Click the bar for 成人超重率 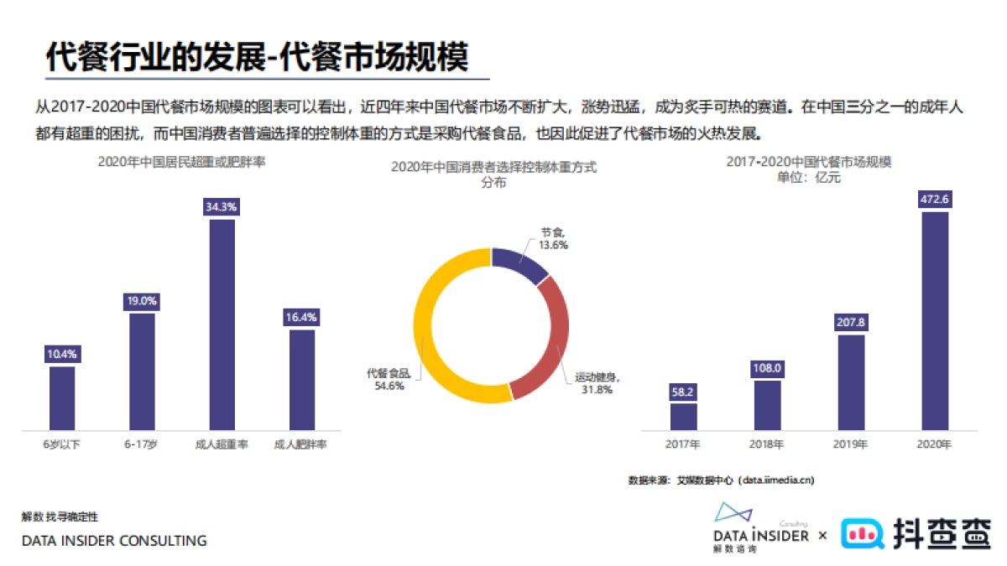[222, 325]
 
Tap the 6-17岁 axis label [141, 444]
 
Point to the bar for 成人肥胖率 [302, 379]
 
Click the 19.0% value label [142, 301]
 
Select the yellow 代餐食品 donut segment [436, 335]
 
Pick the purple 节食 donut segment [520, 265]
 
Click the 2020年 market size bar [935, 320]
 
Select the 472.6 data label [935, 200]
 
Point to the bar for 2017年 [683, 416]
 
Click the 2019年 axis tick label [851, 444]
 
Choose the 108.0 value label [767, 368]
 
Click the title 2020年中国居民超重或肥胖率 [182, 163]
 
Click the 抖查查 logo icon [864, 532]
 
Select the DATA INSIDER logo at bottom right [760, 528]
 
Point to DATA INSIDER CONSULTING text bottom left [114, 541]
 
